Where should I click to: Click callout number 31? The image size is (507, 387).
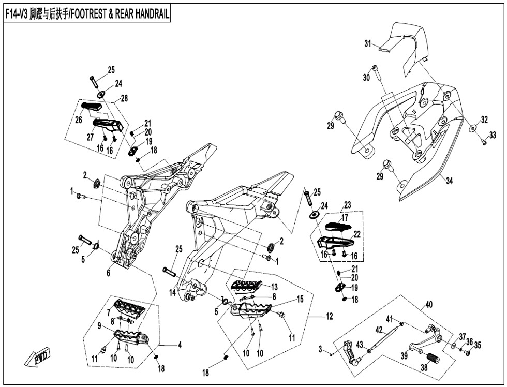(x=368, y=43)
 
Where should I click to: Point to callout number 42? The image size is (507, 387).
(x=379, y=330)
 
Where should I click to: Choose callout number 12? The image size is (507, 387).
(x=330, y=316)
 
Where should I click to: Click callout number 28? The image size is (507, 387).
(x=124, y=98)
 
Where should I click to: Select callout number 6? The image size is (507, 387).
(x=108, y=273)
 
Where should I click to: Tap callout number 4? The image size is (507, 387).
(x=180, y=345)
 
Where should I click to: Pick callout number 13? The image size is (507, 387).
(x=274, y=287)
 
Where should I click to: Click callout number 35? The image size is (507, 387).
(x=478, y=345)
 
